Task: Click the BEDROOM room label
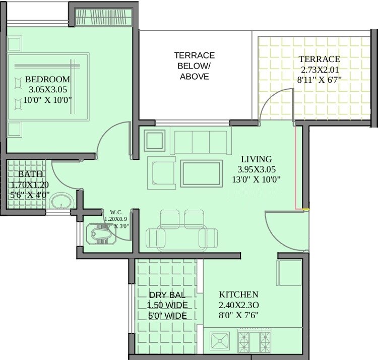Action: tap(47, 80)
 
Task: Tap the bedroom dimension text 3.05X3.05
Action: tap(48, 90)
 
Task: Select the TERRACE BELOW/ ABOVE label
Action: tap(194, 66)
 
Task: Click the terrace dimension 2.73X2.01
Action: tap(319, 69)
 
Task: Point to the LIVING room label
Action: tap(256, 159)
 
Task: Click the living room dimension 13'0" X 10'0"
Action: tap(256, 179)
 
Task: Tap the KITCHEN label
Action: tap(238, 294)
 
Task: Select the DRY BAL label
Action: tap(167, 295)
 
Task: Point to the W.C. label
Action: tap(116, 212)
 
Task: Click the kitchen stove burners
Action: tap(255, 341)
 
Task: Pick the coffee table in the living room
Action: tap(201, 174)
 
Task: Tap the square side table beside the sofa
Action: tap(154, 140)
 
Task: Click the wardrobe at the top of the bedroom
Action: tap(103, 16)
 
